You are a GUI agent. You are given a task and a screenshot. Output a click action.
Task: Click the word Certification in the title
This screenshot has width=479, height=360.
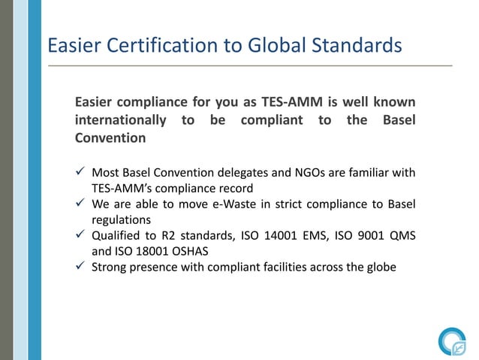click(152, 46)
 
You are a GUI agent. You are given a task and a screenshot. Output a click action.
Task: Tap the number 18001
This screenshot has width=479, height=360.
click(156, 252)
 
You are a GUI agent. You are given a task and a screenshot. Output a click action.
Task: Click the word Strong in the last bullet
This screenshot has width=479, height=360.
click(110, 268)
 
